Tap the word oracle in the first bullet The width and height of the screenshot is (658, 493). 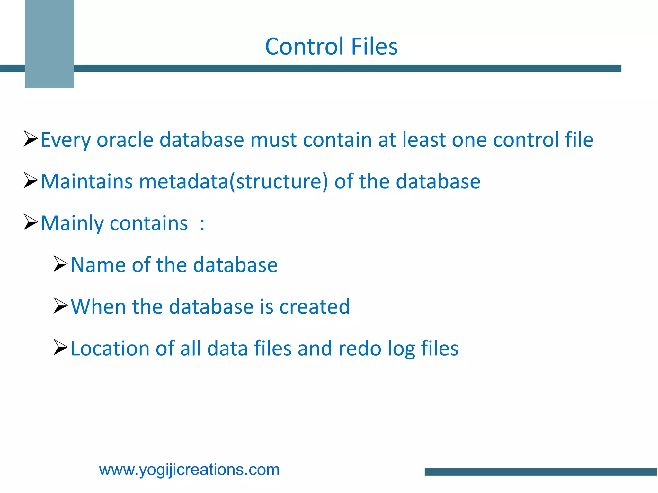tap(125, 140)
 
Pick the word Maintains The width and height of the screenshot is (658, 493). tap(86, 181)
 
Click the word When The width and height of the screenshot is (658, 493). tap(98, 307)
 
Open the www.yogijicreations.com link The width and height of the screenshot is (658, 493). tap(189, 470)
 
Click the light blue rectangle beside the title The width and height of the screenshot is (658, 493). tap(49, 44)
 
